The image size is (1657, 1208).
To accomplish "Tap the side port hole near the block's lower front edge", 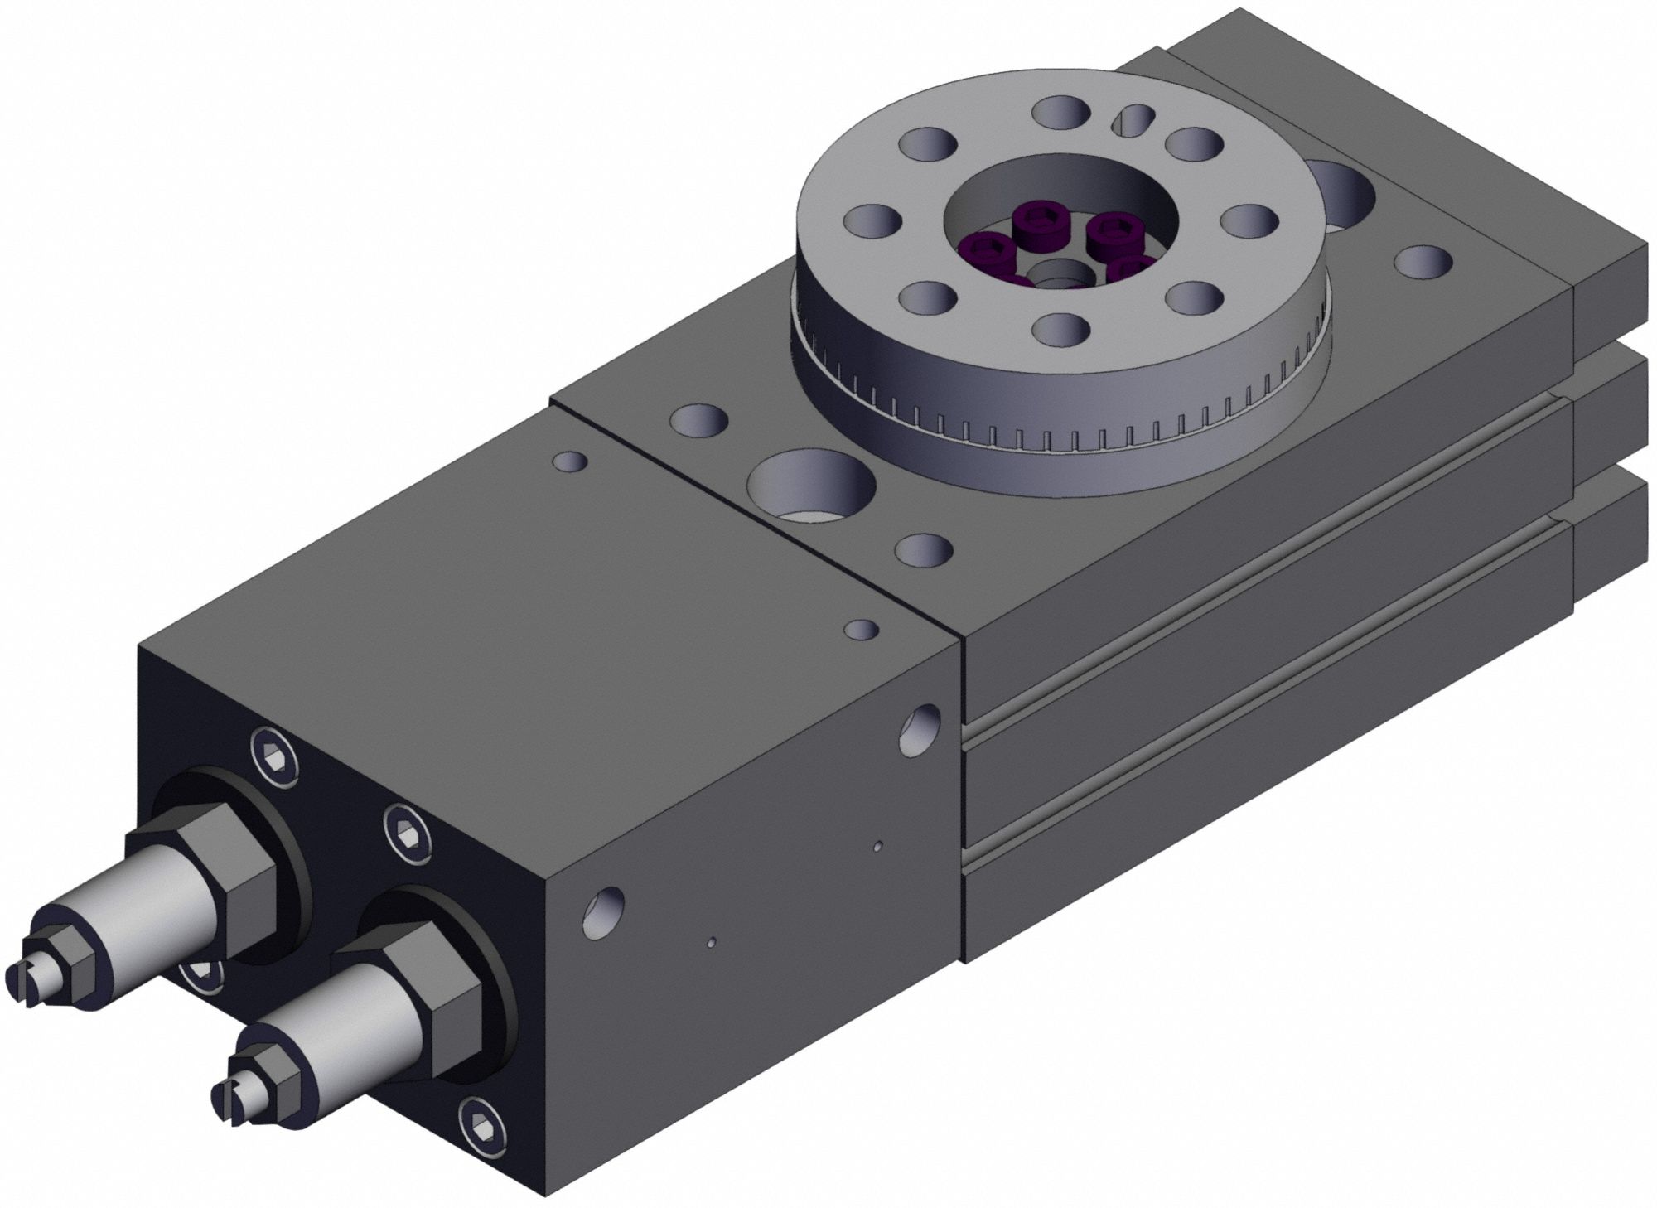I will [604, 911].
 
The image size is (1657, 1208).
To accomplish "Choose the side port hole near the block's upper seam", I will [921, 729].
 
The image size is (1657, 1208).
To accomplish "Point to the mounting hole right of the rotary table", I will [1423, 261].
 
